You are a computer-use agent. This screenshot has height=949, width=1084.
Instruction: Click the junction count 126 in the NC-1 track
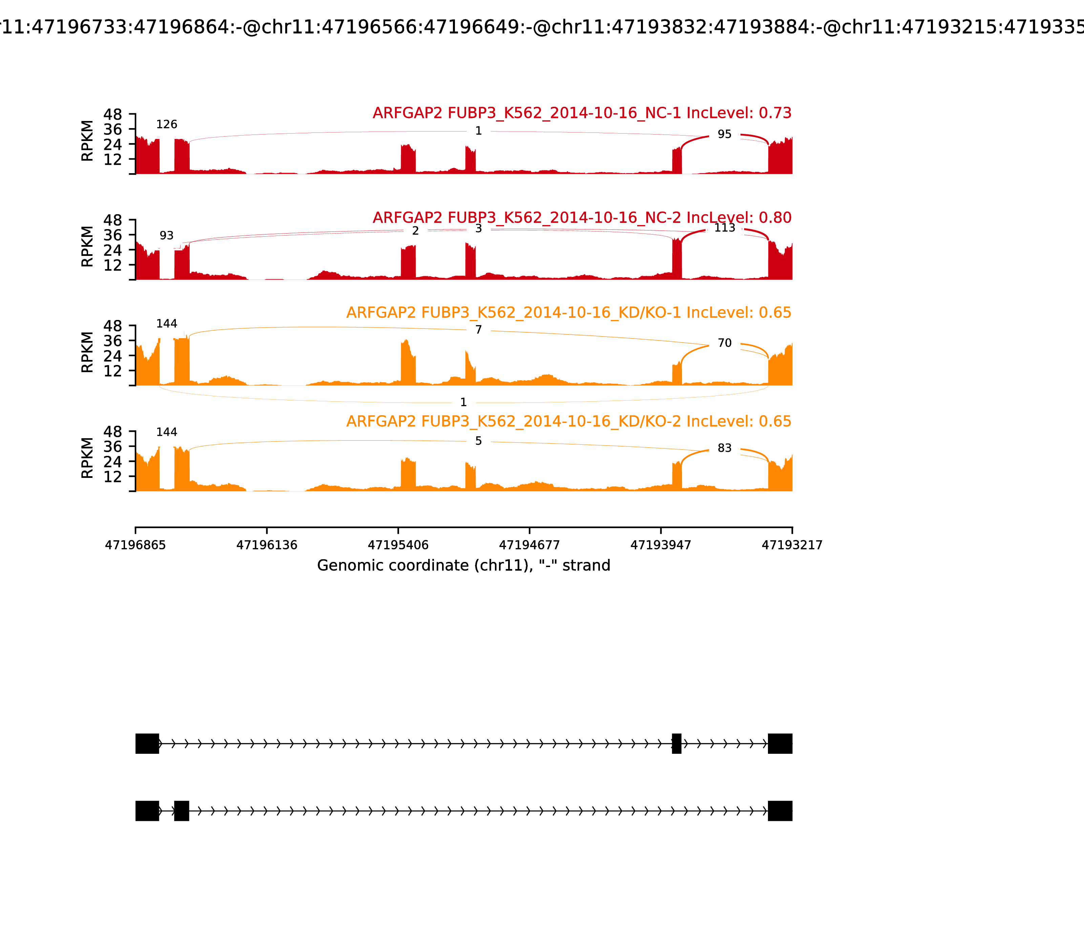(166, 124)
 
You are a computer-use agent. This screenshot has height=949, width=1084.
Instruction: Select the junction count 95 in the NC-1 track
(724, 135)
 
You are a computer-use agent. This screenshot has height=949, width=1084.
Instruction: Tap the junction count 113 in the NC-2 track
(724, 228)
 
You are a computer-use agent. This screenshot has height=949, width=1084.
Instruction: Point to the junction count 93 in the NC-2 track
(166, 236)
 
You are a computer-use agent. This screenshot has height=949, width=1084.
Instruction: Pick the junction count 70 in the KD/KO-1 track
(724, 343)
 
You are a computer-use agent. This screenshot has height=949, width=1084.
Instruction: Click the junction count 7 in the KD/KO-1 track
(478, 330)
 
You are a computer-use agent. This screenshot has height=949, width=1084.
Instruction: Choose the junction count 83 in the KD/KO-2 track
(724, 448)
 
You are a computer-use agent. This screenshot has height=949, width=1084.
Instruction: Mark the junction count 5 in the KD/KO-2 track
(478, 441)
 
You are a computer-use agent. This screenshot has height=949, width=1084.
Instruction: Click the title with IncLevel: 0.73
(582, 113)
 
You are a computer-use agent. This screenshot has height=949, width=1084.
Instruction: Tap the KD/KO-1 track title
(568, 312)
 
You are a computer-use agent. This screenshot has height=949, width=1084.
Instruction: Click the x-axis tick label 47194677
(529, 545)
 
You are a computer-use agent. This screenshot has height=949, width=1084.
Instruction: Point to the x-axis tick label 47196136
(267, 545)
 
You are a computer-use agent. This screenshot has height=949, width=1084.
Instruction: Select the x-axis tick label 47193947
(661, 545)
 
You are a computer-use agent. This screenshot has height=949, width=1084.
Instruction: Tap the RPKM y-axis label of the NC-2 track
(87, 247)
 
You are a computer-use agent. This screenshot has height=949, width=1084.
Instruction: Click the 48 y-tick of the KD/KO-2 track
(113, 431)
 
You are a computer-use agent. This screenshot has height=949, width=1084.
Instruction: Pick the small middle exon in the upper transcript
(676, 744)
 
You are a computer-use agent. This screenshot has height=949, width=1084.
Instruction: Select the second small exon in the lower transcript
(182, 811)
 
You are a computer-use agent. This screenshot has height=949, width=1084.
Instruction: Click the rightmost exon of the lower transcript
(780, 811)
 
